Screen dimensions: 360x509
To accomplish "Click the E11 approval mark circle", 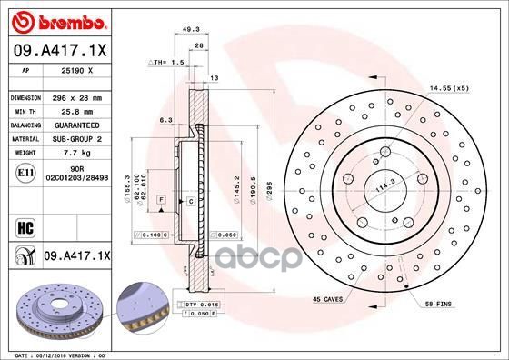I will tap(24, 171).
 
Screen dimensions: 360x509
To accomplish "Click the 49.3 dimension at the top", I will tap(191, 29).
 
